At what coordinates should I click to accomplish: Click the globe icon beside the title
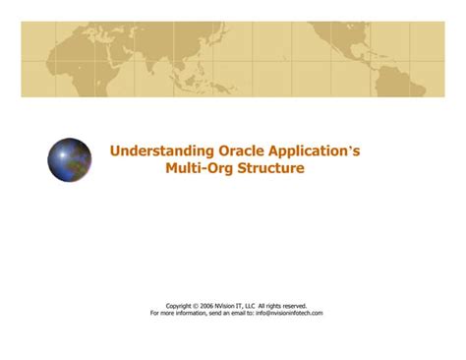(x=69, y=159)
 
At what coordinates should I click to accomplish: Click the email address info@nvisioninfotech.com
(x=289, y=313)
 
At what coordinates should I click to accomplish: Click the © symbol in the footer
(x=198, y=306)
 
